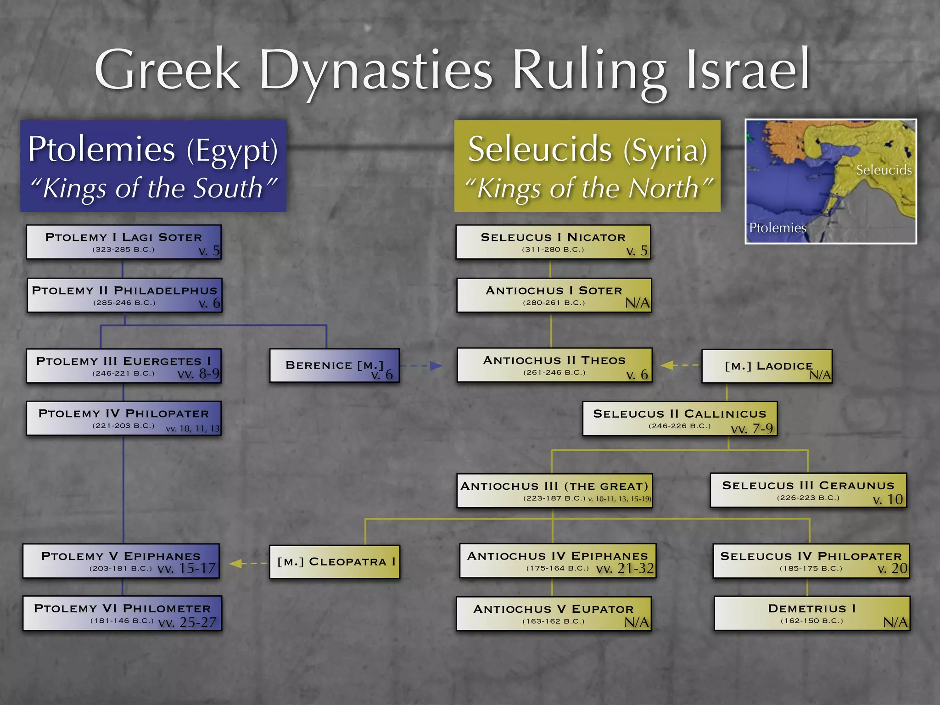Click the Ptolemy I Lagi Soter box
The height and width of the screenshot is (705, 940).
(x=123, y=242)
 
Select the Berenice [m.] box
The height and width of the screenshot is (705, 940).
(x=334, y=365)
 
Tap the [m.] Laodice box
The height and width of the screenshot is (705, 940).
(x=767, y=366)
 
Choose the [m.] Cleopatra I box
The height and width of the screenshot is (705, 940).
(x=335, y=561)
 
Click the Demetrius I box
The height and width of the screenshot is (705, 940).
(x=811, y=613)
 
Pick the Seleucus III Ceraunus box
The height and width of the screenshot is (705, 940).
(x=808, y=490)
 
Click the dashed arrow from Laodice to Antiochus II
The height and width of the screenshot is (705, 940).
(x=680, y=365)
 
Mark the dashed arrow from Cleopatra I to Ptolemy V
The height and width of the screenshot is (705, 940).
(x=248, y=563)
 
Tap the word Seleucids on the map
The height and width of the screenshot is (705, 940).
(x=884, y=170)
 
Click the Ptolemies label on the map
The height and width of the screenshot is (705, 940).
(x=777, y=228)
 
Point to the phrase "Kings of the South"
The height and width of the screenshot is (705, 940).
(x=153, y=188)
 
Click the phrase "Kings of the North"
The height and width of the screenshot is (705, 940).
(x=588, y=188)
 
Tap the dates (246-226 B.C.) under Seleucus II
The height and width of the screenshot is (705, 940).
(x=679, y=426)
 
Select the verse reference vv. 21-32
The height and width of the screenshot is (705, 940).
(x=625, y=569)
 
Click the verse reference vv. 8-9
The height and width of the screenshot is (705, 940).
(x=198, y=374)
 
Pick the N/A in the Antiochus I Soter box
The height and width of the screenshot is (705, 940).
(x=637, y=303)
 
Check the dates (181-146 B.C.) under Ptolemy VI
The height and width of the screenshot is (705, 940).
(x=122, y=621)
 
